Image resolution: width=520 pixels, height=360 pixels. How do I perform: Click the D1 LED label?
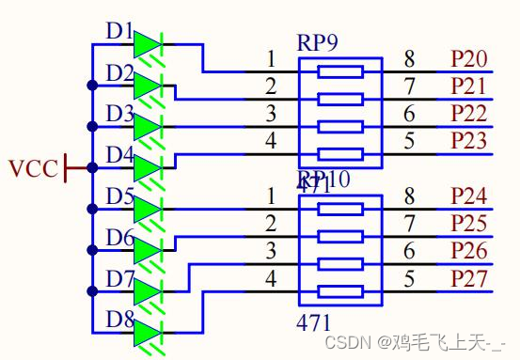click(x=120, y=31)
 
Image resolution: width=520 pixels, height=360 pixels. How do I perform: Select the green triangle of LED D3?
click(x=147, y=127)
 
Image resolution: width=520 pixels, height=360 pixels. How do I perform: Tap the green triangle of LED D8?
click(x=147, y=333)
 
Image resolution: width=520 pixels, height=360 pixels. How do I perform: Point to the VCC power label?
click(x=33, y=169)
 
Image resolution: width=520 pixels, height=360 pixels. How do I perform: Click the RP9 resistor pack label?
click(x=318, y=42)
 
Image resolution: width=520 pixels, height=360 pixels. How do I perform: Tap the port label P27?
click(x=468, y=278)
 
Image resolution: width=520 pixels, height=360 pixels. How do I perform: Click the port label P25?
click(x=468, y=224)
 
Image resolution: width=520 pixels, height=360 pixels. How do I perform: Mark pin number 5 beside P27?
click(x=409, y=278)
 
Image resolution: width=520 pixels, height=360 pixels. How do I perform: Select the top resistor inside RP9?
click(x=339, y=71)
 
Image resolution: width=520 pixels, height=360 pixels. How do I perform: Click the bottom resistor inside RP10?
click(x=339, y=290)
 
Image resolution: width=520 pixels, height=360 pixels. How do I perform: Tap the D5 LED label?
click(x=120, y=196)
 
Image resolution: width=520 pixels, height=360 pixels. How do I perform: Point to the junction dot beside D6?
click(x=91, y=250)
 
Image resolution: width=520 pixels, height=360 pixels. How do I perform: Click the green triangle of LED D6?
click(x=147, y=250)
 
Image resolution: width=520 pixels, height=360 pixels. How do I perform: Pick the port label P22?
click(x=468, y=114)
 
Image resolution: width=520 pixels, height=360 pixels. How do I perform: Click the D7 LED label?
click(x=120, y=278)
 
